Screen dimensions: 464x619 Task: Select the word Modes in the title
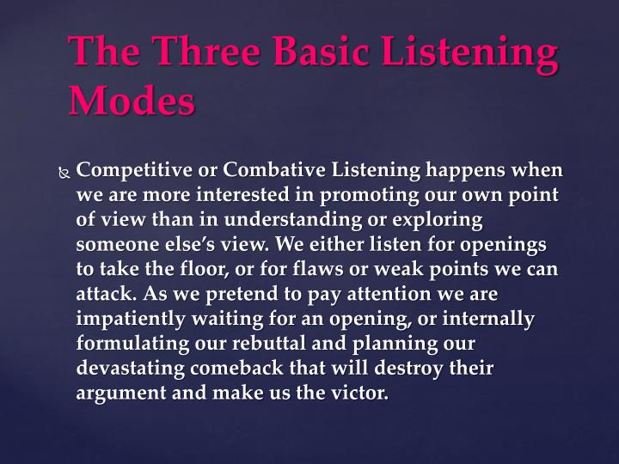pos(132,101)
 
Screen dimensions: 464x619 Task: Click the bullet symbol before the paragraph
pos(61,172)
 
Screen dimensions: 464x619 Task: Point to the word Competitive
pos(131,169)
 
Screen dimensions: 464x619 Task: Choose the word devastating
pos(132,369)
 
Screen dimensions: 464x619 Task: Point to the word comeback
pos(251,369)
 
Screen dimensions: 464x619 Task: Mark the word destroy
pos(404,369)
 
